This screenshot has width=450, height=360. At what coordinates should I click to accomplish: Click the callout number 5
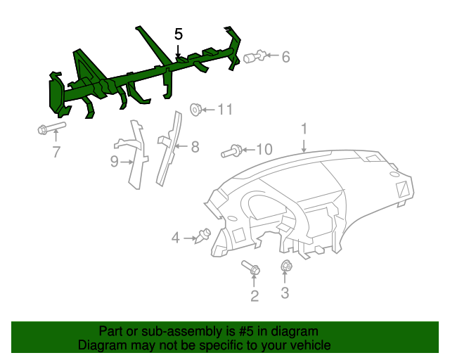(179, 34)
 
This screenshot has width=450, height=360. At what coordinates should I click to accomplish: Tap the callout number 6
(285, 57)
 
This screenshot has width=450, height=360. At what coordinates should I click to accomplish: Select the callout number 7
(56, 151)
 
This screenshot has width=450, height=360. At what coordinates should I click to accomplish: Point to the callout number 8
(195, 147)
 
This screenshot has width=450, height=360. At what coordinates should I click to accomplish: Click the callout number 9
(115, 162)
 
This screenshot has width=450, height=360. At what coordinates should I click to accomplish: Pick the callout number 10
(263, 149)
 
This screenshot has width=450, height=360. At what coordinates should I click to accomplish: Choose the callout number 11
(224, 109)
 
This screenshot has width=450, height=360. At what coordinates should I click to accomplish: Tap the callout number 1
(304, 129)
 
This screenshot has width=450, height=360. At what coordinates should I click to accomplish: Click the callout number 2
(255, 296)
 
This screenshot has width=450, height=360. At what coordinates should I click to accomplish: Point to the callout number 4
(175, 238)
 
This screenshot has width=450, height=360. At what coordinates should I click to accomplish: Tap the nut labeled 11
(196, 109)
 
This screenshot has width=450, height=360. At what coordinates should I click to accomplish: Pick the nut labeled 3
(286, 266)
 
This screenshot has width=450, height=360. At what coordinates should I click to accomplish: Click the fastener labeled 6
(255, 56)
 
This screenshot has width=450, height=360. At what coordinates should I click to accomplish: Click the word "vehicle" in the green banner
(308, 345)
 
